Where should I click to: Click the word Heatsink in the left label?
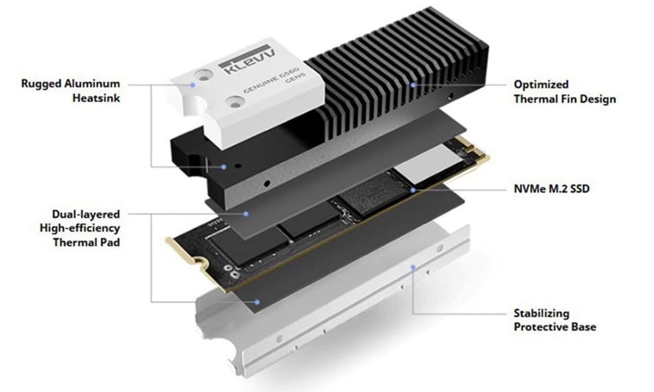coord(97,99)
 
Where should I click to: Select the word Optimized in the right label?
coord(534,84)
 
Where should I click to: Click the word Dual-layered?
coord(86,214)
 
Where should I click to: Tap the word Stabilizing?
coord(541,313)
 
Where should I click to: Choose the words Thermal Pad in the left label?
coord(86,242)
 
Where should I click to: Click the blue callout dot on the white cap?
coord(193,85)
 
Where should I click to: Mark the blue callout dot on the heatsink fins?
coord(414,84)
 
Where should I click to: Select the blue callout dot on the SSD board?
coord(414,190)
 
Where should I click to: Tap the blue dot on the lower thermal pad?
coord(257,301)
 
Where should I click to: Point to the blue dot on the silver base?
coord(413,267)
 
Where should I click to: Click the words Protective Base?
coord(554,327)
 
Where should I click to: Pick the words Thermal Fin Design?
coord(565,99)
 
